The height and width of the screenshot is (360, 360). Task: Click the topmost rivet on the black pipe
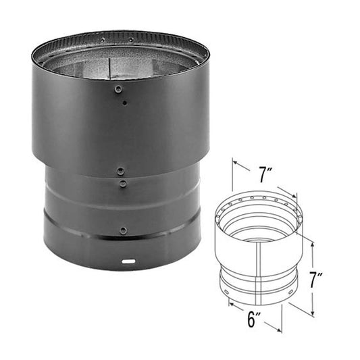tap(119, 89)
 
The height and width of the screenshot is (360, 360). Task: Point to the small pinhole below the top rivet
tap(125, 103)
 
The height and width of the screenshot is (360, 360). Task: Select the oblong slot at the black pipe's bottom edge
tap(127, 259)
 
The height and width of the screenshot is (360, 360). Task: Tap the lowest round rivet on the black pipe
tap(123, 230)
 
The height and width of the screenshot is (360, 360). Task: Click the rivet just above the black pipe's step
tap(120, 172)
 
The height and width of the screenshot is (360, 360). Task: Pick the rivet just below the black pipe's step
tap(122, 183)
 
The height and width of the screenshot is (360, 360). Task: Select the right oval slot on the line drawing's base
tap(289, 292)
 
